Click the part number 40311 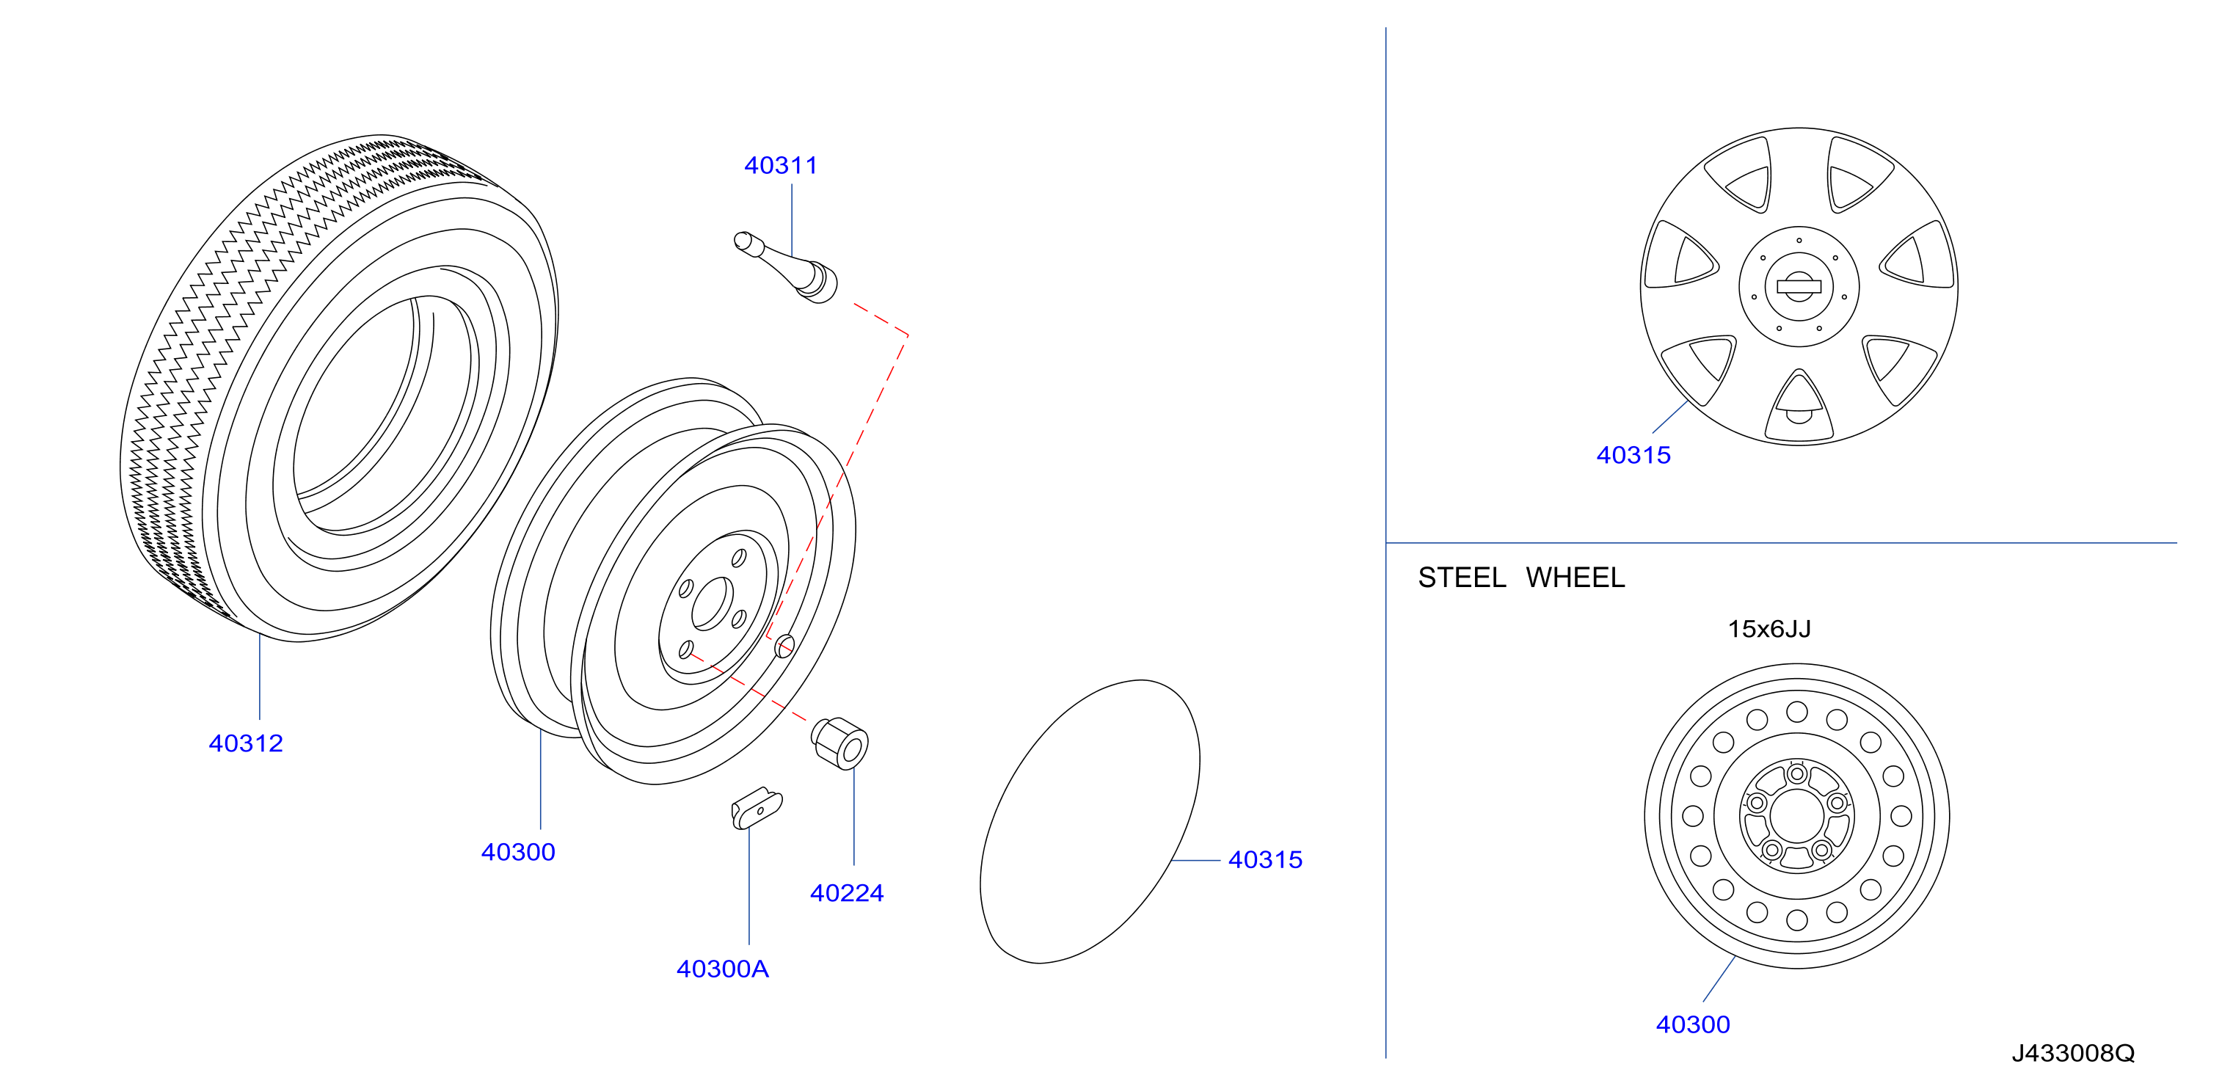pos(780,166)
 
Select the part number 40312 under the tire pos(245,743)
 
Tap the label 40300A pos(722,969)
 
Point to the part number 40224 pos(846,893)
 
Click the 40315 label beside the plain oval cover pos(1265,859)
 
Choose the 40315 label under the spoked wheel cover pos(1633,455)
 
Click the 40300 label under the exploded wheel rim pos(517,852)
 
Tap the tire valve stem pos(785,267)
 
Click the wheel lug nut pos(839,743)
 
